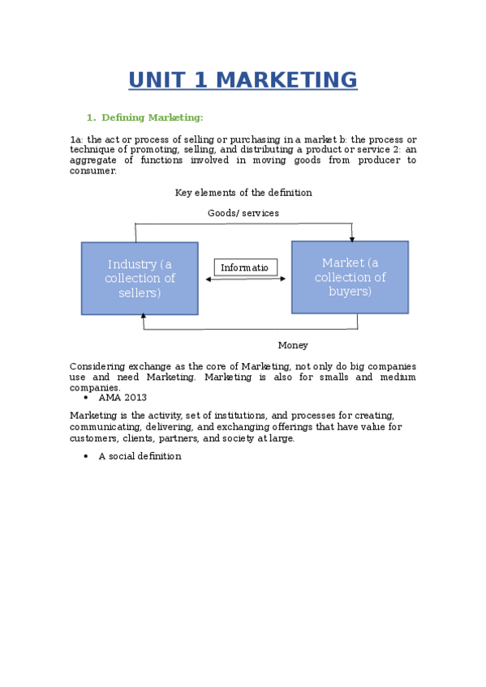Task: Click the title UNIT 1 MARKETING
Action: point(243,80)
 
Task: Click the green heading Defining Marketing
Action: point(152,117)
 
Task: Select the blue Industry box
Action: point(140,278)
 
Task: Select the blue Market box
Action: point(350,276)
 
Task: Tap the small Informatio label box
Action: point(246,267)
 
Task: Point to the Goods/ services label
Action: point(243,213)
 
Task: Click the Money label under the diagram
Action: point(293,345)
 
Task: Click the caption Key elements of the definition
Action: point(243,193)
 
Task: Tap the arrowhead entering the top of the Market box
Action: point(351,238)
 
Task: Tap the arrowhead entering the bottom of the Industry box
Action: point(144,318)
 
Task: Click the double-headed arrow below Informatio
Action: point(246,279)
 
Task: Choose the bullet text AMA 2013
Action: point(123,398)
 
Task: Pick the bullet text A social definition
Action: point(140,456)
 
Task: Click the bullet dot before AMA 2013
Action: point(86,398)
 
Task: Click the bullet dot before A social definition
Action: point(86,456)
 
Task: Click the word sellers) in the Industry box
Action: point(140,292)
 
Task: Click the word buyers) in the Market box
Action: point(350,291)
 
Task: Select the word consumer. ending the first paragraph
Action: point(92,171)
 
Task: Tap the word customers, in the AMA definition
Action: point(94,438)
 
